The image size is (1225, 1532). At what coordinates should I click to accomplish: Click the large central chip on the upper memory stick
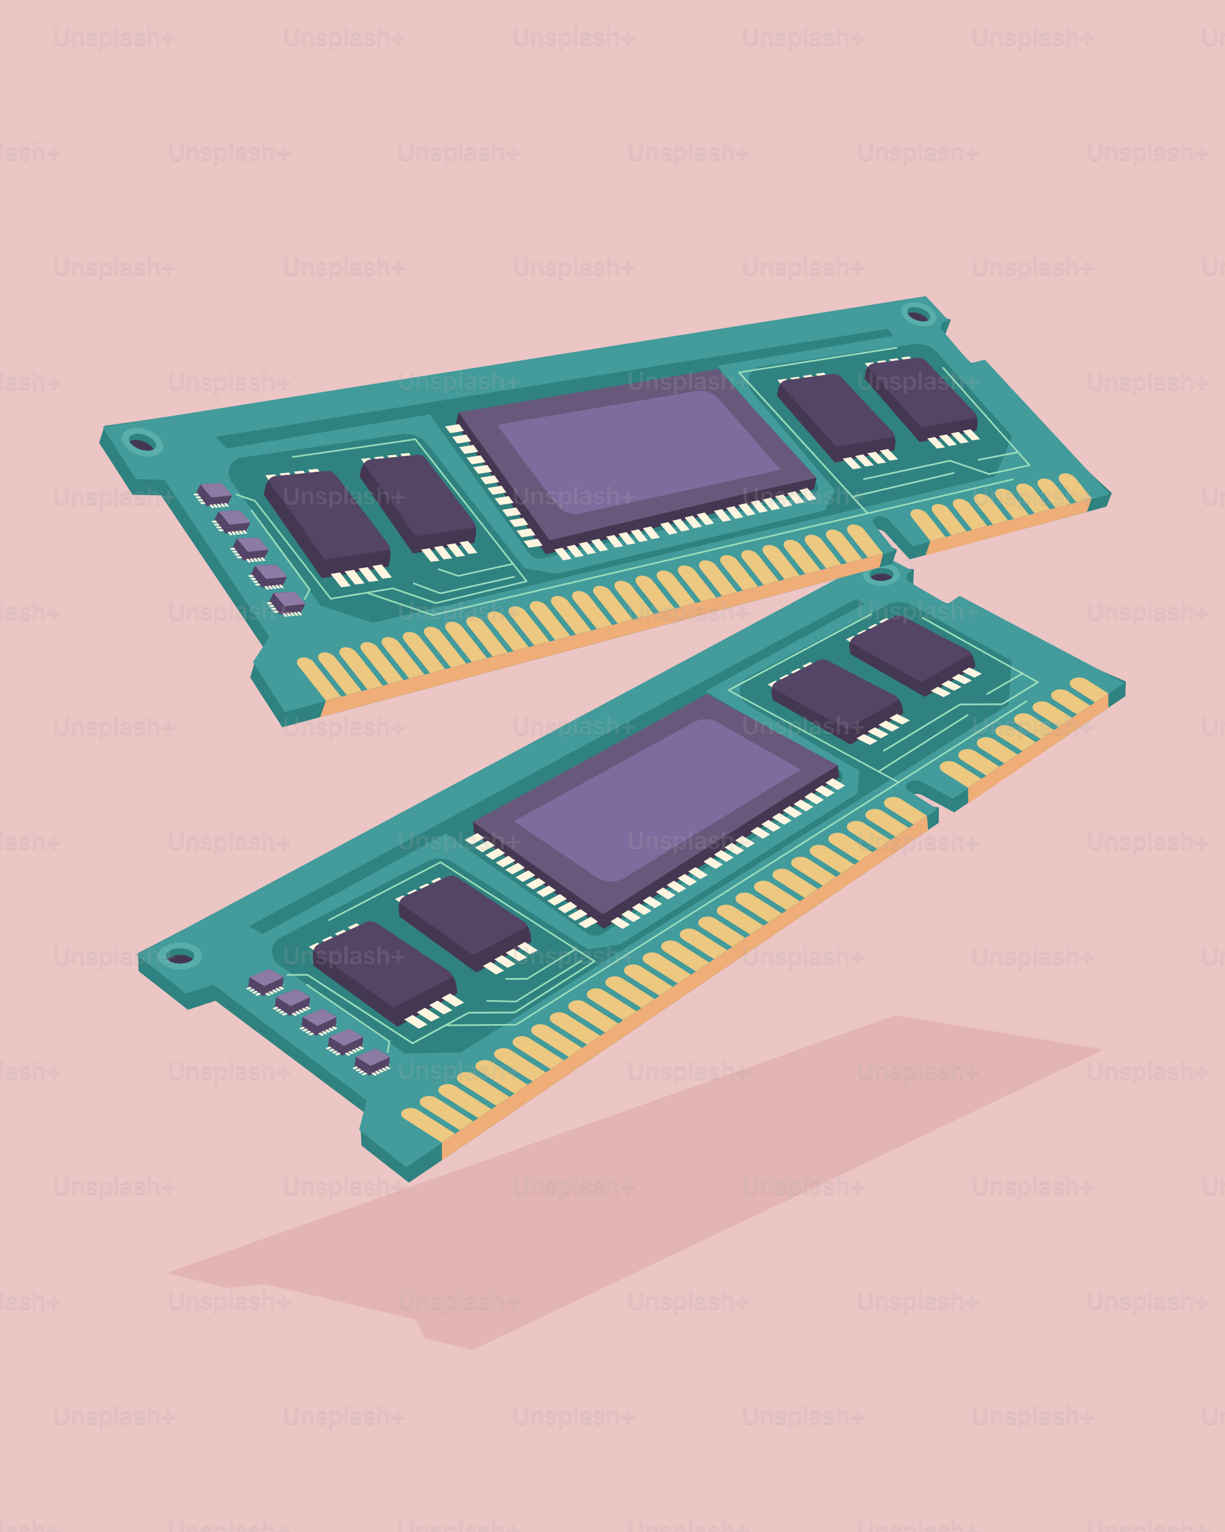[x=637, y=458]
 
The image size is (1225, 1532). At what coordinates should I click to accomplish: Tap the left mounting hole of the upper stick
[x=141, y=444]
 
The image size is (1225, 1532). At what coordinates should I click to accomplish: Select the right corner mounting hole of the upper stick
[x=918, y=315]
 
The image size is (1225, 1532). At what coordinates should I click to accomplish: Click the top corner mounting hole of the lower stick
[x=881, y=575]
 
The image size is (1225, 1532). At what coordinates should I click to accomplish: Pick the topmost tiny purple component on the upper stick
[x=214, y=493]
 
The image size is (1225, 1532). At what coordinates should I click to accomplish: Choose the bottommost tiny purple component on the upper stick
[x=288, y=603]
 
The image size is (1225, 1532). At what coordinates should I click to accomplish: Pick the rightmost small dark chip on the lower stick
[x=912, y=652]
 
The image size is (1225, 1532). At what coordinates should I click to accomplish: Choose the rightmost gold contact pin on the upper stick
[x=1074, y=488]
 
